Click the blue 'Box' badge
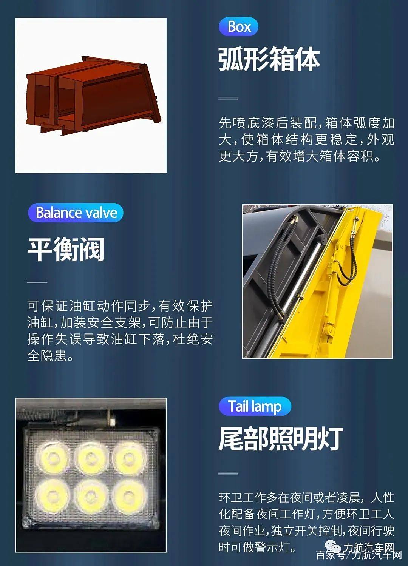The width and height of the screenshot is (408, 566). coord(238,26)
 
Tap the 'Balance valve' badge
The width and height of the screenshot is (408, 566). coord(76,213)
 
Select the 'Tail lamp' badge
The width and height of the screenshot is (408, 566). coord(255,406)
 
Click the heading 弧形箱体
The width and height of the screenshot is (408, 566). coord(269,59)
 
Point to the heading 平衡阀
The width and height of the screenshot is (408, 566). coord(66,249)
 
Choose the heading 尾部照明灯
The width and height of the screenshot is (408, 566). coord(281,439)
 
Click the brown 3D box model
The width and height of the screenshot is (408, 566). coord(94,96)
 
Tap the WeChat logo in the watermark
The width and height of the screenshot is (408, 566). coord(333,546)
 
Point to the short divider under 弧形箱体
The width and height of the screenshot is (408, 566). coord(228,98)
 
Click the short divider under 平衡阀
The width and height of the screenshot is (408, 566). coord(37,281)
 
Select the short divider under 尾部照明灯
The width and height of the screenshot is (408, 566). coord(228,473)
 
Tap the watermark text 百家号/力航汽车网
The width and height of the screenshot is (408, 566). coord(359,555)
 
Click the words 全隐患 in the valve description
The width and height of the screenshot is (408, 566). coord(47,356)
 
